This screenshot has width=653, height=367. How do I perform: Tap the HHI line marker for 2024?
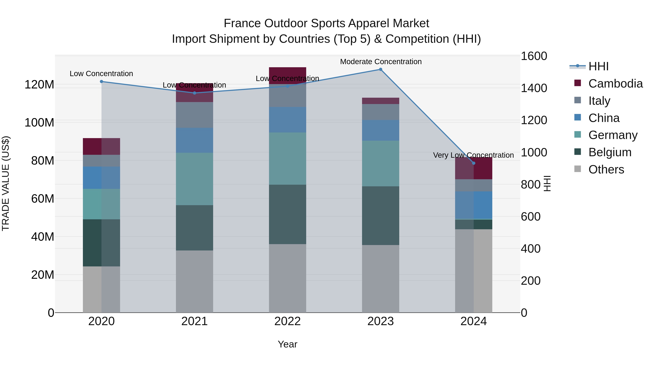[x=474, y=163]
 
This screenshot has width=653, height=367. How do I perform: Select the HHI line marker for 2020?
[x=101, y=82]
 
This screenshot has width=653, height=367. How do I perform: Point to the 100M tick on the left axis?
[x=39, y=123]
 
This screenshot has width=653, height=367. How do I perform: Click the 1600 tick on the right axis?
[x=534, y=56]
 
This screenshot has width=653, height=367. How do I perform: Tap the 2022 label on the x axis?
[x=288, y=321]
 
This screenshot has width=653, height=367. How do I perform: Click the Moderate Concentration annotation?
[x=381, y=62]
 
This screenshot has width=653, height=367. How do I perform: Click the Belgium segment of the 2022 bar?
[x=288, y=214]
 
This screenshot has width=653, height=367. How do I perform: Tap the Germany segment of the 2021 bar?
[x=194, y=179]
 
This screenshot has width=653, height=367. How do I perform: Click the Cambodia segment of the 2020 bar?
[x=101, y=146]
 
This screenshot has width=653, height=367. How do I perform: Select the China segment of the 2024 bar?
[x=474, y=205]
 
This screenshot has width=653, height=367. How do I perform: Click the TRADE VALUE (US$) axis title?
[x=6, y=183]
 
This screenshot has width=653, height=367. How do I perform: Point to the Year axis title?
[x=288, y=344]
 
